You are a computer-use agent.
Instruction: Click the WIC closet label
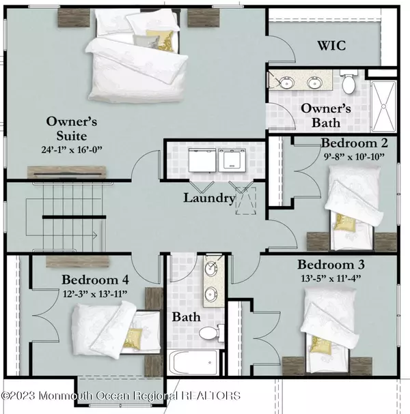(x=331, y=46)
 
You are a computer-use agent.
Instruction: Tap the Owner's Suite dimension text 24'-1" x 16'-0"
(x=72, y=149)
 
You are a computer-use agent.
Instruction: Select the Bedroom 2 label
(x=355, y=143)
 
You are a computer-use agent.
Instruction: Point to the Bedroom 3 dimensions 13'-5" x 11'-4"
(x=331, y=278)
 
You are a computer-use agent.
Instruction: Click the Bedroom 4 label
(x=95, y=280)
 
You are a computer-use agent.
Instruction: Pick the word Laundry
(x=210, y=198)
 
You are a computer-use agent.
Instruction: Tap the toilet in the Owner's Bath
(x=348, y=82)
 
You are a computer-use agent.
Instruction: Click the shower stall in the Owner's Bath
(x=383, y=106)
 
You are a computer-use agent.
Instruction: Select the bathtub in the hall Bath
(x=193, y=362)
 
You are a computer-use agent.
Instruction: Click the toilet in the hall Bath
(x=211, y=333)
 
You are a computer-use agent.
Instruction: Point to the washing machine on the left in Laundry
(x=202, y=160)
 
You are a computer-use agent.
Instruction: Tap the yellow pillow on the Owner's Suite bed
(x=161, y=40)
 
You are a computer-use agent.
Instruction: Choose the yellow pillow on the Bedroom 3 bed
(x=321, y=345)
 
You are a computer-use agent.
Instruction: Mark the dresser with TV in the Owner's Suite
(x=67, y=173)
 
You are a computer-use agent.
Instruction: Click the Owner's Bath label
(x=326, y=116)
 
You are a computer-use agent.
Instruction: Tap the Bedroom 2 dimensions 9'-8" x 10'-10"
(x=354, y=157)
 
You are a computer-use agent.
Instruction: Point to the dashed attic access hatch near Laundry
(x=246, y=201)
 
